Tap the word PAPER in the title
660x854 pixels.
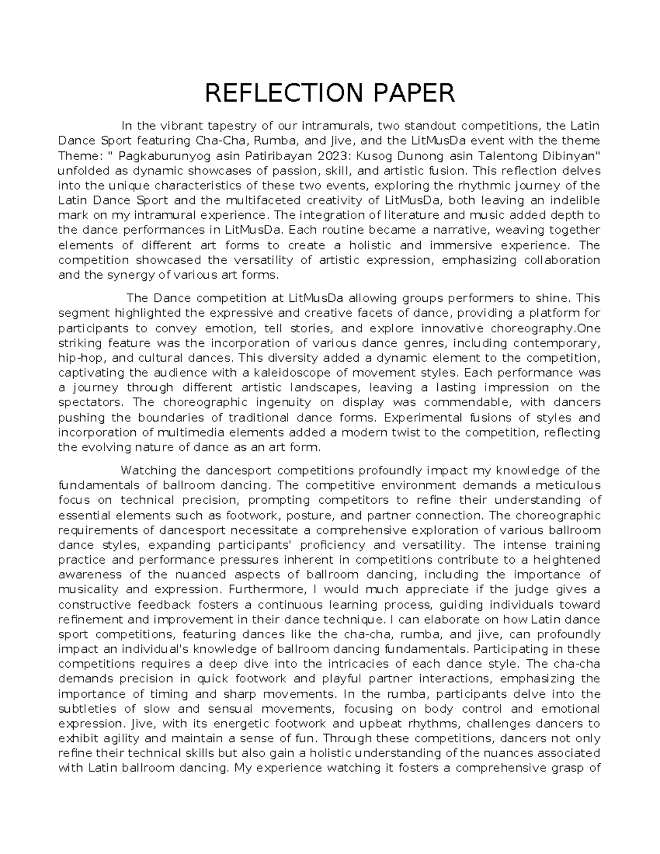click(x=409, y=93)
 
